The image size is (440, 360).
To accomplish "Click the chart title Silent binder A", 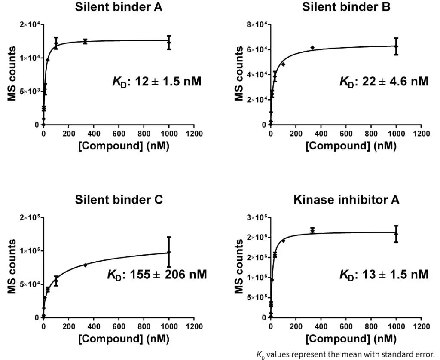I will [118, 7].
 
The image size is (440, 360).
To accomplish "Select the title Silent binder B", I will [346, 7].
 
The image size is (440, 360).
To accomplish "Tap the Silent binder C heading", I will [119, 200].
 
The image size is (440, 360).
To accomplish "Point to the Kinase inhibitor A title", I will [346, 200].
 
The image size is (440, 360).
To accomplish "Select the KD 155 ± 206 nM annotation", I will [156, 274].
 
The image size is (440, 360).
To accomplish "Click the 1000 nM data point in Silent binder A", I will [169, 43].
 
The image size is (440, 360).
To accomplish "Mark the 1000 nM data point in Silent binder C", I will [169, 252].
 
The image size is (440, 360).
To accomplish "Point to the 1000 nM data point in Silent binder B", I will [396, 46].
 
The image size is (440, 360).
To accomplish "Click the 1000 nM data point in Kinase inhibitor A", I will [396, 234].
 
